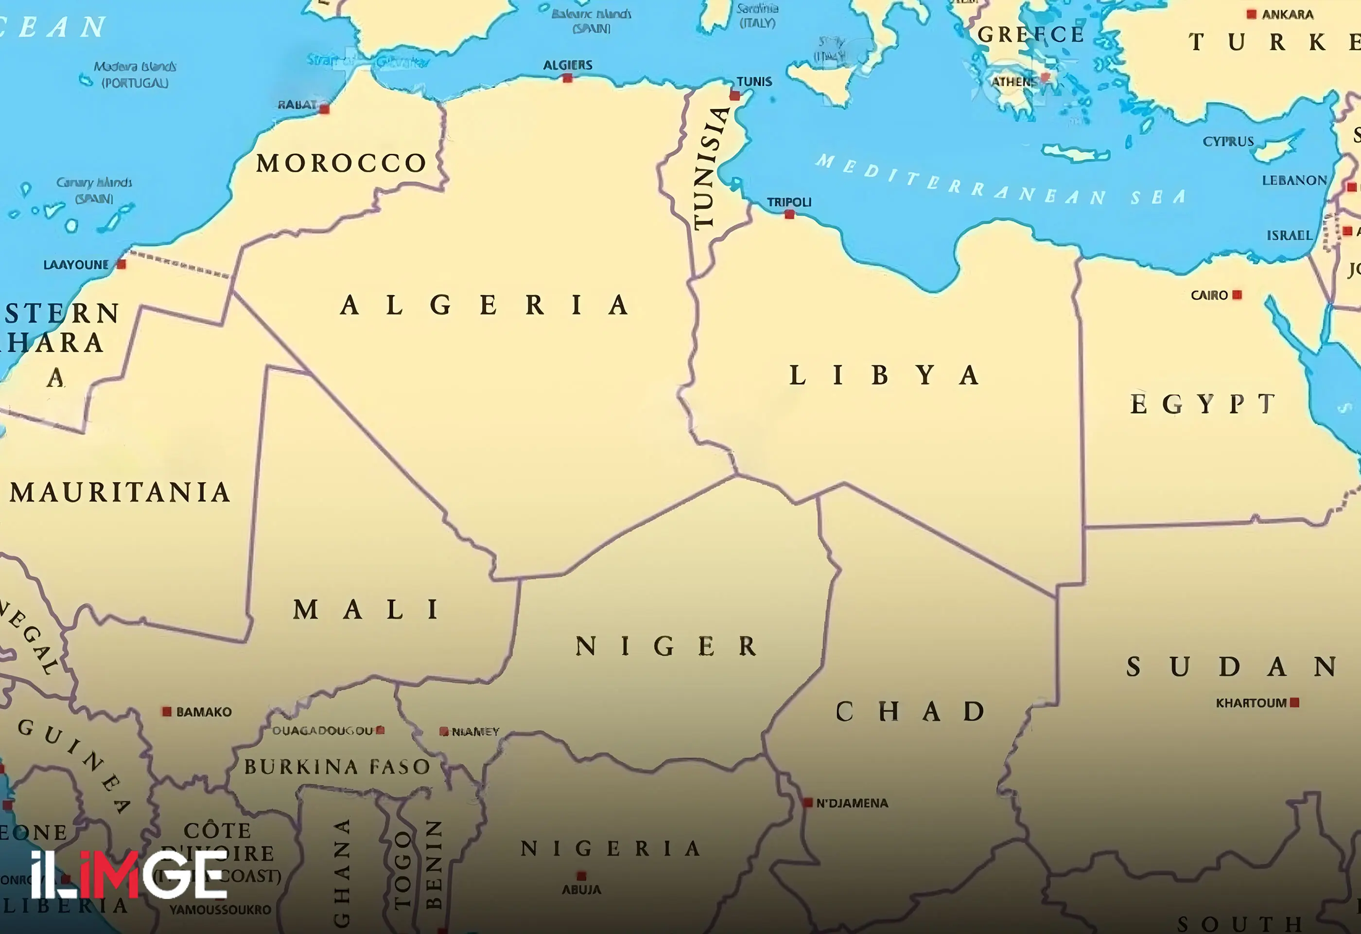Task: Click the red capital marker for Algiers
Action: coord(567,78)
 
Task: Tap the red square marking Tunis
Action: coord(734,95)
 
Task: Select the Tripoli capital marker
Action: coord(789,215)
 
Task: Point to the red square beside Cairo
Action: coord(1237,295)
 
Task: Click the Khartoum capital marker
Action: coord(1294,702)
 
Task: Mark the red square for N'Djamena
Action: coord(807,802)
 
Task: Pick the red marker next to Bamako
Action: coord(167,711)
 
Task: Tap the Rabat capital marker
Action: coord(324,109)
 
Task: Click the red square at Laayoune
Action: coord(121,264)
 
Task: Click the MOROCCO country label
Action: coord(341,163)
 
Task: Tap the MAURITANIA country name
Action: coord(120,492)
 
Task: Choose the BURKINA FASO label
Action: coord(337,767)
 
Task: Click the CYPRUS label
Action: coord(1228,141)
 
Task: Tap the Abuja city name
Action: coord(581,889)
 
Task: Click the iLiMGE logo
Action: coord(129,875)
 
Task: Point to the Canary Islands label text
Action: coord(94,190)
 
